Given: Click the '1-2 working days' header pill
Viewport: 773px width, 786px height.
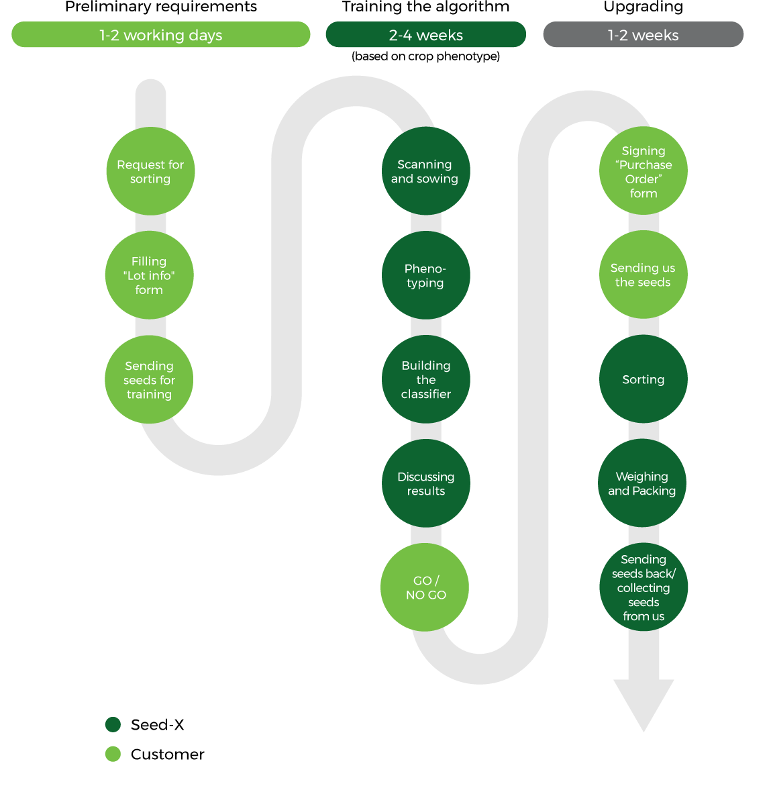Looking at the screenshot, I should (161, 35).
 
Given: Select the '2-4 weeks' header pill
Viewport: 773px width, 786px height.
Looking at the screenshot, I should (425, 35).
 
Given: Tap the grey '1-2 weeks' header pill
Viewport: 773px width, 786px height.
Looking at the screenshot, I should (643, 35).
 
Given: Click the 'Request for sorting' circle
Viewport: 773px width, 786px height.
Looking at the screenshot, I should (150, 171).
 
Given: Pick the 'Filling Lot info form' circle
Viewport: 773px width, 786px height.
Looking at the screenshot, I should (149, 275).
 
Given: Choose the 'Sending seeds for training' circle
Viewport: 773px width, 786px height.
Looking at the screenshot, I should (149, 379).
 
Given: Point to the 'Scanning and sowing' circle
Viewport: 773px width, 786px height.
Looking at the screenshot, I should (425, 171).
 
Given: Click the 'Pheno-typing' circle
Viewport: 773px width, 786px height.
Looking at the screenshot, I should (425, 275).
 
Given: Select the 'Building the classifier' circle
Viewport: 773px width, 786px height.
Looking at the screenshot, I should (425, 379).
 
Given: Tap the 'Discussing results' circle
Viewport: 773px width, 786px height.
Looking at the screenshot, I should (425, 483).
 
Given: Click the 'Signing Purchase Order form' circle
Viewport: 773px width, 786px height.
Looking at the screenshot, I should (643, 171).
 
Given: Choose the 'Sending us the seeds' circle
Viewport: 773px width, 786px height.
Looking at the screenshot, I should (643, 275).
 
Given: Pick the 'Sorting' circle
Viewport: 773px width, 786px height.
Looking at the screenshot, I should (643, 379).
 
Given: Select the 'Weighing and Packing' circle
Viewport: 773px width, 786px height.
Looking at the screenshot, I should (642, 483).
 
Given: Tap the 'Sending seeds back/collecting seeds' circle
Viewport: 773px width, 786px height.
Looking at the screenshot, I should (643, 587).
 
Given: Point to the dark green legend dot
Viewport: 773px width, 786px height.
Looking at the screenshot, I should (113, 724).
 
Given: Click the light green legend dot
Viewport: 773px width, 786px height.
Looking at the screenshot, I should (113, 754).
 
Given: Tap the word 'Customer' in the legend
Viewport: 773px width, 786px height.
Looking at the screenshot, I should (168, 754).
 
